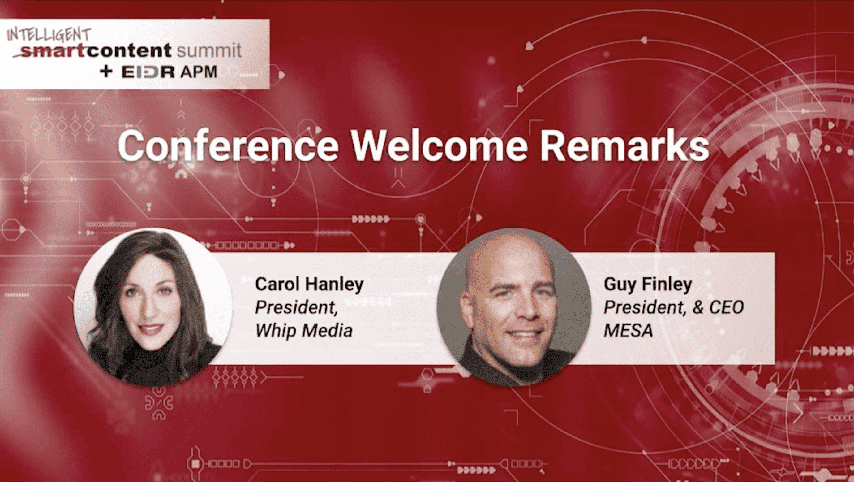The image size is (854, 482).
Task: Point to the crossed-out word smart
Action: (x=50, y=51)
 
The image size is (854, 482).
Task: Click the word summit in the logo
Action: (x=209, y=51)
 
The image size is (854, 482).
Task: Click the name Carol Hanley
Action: (x=309, y=284)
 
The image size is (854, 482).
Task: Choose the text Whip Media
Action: (x=304, y=330)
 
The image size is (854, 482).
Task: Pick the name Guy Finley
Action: (x=648, y=284)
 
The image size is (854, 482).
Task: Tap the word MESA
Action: (x=628, y=330)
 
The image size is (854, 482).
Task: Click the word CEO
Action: (x=726, y=307)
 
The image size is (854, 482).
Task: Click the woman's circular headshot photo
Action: (x=152, y=307)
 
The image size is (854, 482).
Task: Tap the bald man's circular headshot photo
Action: (x=514, y=307)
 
